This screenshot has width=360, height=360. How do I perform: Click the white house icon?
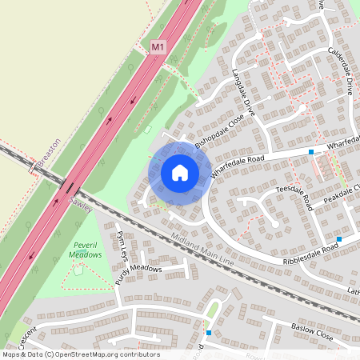(x=180, y=173)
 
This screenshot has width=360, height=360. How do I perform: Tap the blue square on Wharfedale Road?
(x=311, y=151)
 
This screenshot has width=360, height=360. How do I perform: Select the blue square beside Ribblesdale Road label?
(x=340, y=238)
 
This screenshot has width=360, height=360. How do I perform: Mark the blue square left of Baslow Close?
(x=208, y=332)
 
